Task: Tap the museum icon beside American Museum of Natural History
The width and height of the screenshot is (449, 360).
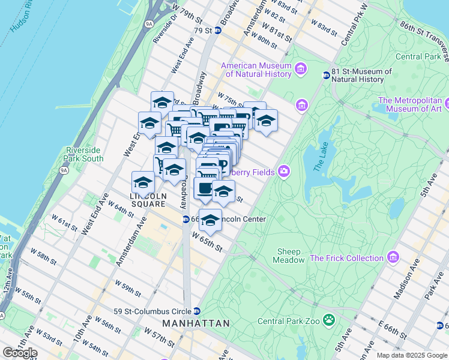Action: (301, 70)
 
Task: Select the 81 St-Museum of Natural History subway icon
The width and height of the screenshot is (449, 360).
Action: (326, 76)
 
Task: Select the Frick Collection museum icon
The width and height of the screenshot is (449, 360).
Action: (393, 258)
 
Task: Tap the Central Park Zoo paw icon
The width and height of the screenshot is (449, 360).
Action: (328, 320)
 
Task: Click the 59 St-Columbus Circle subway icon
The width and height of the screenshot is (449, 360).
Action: (196, 311)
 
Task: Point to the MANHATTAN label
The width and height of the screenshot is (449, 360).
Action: (196, 323)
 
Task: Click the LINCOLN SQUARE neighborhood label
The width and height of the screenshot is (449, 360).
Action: (148, 200)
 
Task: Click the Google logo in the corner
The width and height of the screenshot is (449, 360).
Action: (20, 353)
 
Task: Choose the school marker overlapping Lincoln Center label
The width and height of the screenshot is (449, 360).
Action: (210, 220)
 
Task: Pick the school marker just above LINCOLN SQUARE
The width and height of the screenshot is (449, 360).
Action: (143, 181)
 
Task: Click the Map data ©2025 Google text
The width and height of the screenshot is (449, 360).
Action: (412, 355)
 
